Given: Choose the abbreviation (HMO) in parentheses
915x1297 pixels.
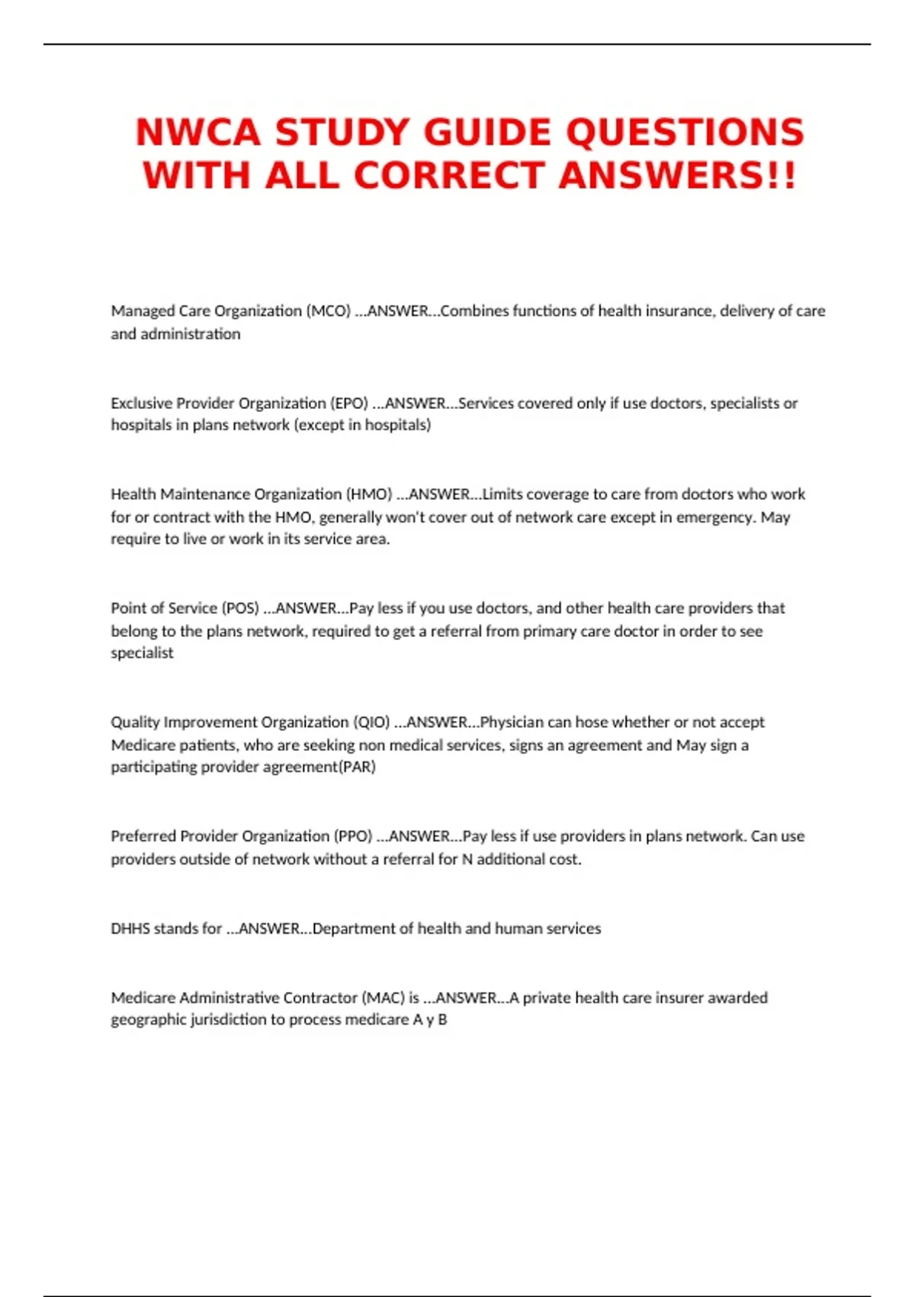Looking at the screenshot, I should tap(369, 494).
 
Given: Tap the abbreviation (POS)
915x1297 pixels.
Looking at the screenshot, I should tap(240, 608).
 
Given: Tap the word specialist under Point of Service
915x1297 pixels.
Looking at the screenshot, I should tap(143, 653).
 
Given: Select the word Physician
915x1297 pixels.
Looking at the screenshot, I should tap(512, 722).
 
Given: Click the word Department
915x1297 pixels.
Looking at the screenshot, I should tap(354, 928).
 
